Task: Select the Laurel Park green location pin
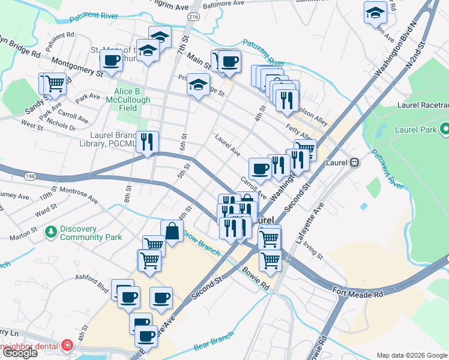444,129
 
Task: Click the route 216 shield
193,18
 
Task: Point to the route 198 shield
29,176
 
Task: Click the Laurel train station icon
354,162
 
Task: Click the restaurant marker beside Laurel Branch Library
147,142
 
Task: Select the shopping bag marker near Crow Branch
172,230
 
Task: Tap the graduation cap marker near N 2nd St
375,13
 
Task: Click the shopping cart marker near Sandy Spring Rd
55,83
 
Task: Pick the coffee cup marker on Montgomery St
111,60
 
